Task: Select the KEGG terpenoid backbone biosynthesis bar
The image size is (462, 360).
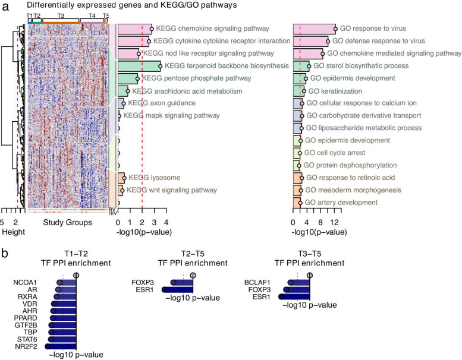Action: (139, 66)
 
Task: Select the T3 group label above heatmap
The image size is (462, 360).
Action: (61, 14)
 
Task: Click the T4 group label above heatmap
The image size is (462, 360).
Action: (91, 14)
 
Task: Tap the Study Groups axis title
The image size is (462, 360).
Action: (68, 223)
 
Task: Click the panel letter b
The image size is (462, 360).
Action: (5, 251)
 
